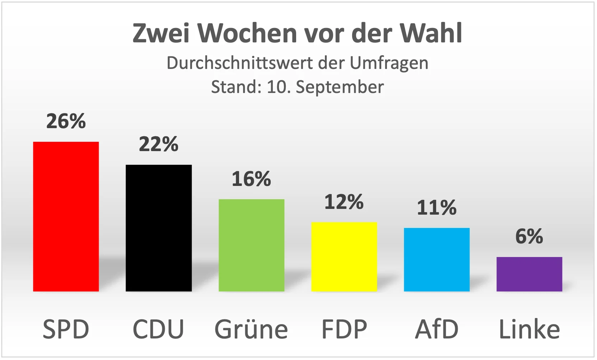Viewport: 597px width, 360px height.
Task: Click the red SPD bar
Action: click(66, 216)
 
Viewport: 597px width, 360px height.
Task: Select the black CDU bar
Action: click(158, 228)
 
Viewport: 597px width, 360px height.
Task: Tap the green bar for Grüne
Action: click(251, 245)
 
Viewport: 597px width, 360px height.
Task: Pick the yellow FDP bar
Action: click(344, 257)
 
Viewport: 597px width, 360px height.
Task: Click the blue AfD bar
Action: click(437, 260)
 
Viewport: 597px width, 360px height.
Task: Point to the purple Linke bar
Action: click(529, 274)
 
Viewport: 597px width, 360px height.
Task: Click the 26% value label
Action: click(66, 121)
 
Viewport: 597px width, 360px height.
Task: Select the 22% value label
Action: click(158, 144)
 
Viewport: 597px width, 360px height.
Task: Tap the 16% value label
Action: click(251, 179)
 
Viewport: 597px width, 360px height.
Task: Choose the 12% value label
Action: click(344, 202)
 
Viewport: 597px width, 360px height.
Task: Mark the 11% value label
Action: click(437, 207)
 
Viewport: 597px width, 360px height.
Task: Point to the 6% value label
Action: click(529, 236)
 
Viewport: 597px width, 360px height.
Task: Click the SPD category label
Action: click(66, 329)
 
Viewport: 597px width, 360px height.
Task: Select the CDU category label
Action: click(158, 329)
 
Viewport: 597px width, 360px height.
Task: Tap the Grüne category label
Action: click(251, 329)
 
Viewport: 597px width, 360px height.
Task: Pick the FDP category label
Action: click(344, 329)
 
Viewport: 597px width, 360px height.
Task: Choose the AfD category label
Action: click(437, 329)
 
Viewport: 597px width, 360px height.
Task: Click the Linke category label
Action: click(529, 329)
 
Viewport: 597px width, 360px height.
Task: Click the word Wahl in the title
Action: click(431, 33)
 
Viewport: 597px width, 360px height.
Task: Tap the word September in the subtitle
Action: click(340, 87)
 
